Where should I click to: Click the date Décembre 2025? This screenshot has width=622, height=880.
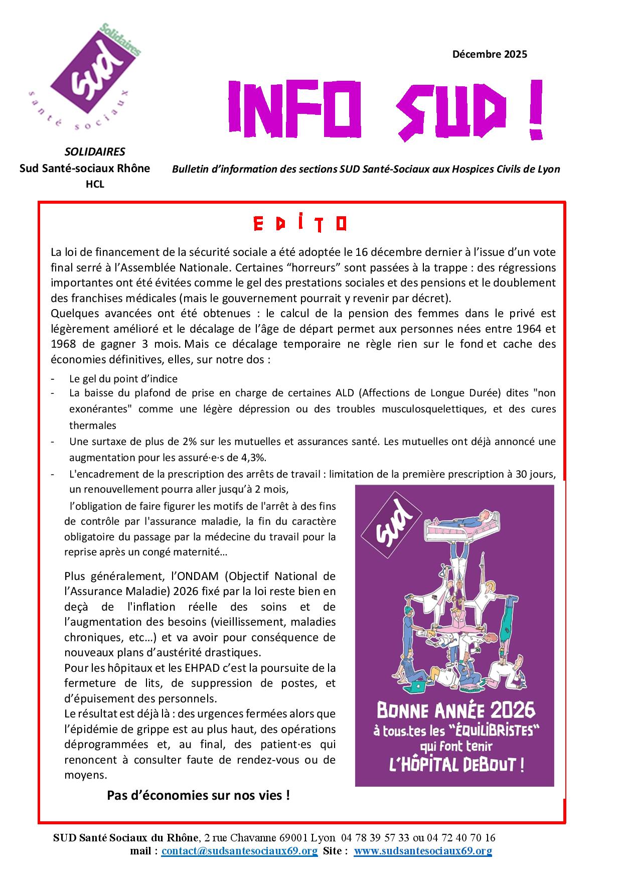point(489,54)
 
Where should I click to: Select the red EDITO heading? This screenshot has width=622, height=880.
point(300,223)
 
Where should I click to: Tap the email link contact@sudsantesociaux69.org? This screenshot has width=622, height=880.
point(239,850)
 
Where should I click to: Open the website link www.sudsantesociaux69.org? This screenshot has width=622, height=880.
point(422,850)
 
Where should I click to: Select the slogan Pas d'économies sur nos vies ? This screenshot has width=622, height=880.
point(198,795)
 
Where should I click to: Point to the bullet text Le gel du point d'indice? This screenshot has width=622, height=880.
point(123,379)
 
